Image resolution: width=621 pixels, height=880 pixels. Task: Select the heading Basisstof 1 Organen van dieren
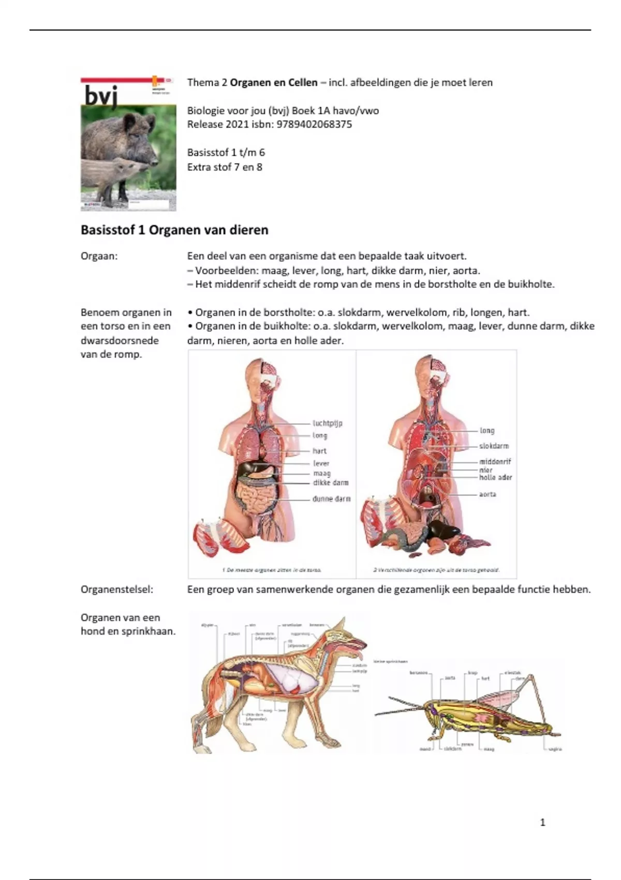tap(174, 230)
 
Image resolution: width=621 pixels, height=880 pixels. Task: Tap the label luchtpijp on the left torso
tap(328, 423)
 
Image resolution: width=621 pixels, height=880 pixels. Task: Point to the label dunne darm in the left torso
tap(331, 499)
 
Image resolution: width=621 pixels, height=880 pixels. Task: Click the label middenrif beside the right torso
tap(495, 461)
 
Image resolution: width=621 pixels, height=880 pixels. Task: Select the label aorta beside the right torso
tap(487, 494)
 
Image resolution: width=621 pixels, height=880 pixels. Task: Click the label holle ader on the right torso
tap(495, 477)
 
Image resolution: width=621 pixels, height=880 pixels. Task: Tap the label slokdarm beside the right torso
tap(494, 446)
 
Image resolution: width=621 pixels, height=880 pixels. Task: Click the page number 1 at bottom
tap(542, 822)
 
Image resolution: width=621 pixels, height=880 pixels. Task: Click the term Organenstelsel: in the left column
tap(117, 589)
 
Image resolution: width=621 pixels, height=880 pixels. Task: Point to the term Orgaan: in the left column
tap(99, 256)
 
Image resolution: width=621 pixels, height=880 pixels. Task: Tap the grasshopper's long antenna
tap(398, 709)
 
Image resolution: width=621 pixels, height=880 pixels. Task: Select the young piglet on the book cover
tap(114, 176)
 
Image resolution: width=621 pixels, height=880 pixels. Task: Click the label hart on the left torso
tap(319, 451)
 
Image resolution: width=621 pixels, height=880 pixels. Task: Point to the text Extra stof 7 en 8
tap(225, 167)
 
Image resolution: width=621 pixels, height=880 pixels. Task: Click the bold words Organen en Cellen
tap(274, 82)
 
